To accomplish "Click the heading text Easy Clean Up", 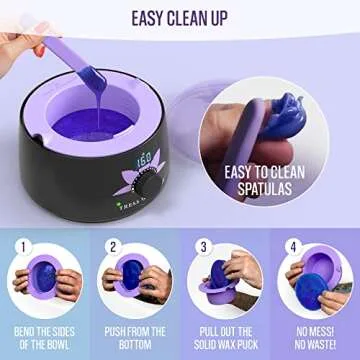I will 179,17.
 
